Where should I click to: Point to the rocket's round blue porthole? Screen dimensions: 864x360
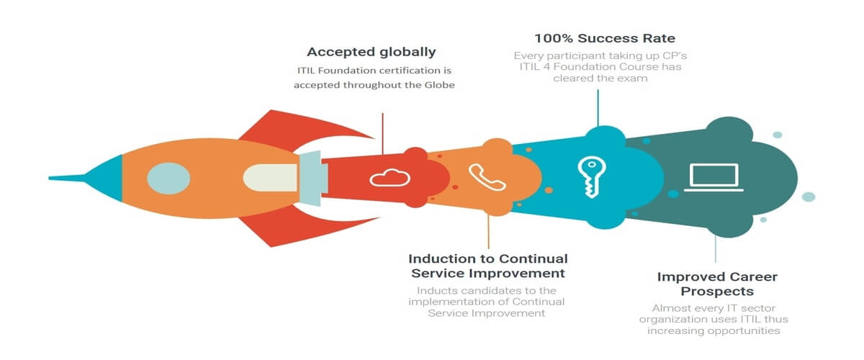tap(168, 179)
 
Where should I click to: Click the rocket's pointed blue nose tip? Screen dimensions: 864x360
tap(50, 178)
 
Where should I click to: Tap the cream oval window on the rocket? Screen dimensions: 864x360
tap(270, 178)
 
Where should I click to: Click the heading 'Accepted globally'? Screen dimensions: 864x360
tap(371, 52)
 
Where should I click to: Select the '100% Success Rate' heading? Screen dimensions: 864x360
tap(604, 38)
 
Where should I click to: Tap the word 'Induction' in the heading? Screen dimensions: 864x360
tap(439, 258)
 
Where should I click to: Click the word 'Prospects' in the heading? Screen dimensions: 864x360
tap(717, 292)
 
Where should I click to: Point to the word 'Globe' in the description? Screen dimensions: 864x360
tap(440, 85)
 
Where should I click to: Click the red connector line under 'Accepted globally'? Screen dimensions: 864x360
tap(382, 133)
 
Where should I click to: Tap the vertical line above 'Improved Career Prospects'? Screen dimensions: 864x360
tap(716, 249)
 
